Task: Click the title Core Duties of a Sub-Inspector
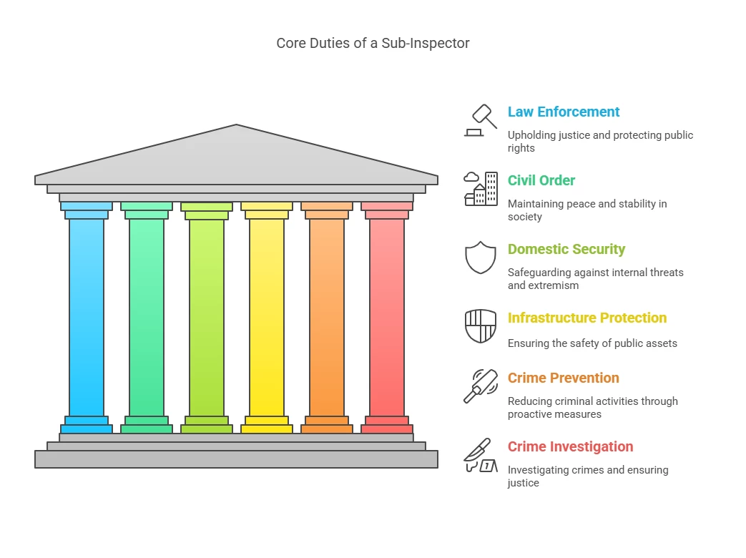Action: point(373,44)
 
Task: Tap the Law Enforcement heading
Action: point(564,112)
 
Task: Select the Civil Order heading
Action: point(541,180)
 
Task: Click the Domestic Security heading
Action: point(566,249)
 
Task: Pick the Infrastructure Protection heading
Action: point(587,318)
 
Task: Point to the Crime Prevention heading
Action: point(564,378)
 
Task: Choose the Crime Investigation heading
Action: point(570,446)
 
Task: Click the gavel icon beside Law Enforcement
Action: point(481,120)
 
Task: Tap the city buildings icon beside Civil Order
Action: point(481,189)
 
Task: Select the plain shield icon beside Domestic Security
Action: point(481,258)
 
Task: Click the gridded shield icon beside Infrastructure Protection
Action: point(481,326)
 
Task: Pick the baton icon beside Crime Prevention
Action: point(481,386)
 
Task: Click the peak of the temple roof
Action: point(236,127)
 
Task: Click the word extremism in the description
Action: point(553,285)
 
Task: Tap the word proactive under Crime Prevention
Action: point(531,414)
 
